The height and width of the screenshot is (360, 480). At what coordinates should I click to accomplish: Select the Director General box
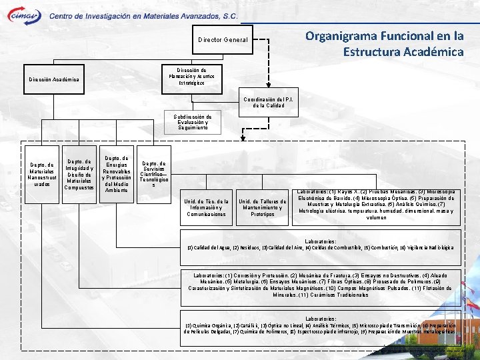pyautogui.click(x=223, y=40)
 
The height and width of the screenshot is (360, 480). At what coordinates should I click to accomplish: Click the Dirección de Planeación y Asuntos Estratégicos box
pyautogui.click(x=196, y=77)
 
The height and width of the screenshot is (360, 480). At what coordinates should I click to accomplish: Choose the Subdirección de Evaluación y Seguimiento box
pyautogui.click(x=193, y=122)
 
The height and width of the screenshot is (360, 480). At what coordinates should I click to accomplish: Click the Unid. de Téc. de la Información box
pyautogui.click(x=207, y=208)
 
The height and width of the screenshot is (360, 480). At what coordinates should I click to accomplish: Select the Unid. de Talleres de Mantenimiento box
pyautogui.click(x=263, y=208)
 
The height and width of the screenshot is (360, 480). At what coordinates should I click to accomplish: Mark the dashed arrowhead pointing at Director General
pyautogui.click(x=259, y=40)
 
